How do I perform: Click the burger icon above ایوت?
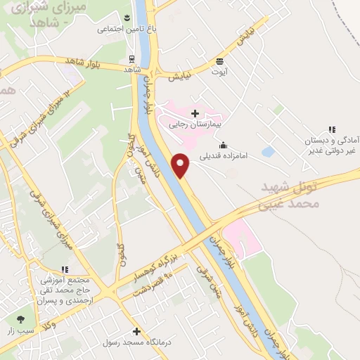[x=220, y=60]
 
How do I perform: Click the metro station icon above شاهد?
[x=131, y=59]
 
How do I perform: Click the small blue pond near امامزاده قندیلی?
[x=268, y=151]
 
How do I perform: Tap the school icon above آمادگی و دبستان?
[x=331, y=129]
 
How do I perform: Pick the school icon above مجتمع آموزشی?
[x=65, y=269]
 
